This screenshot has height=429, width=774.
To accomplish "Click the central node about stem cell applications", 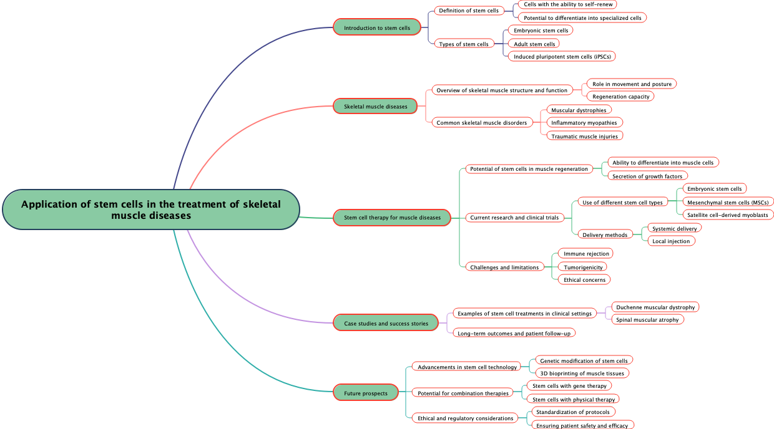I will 151,210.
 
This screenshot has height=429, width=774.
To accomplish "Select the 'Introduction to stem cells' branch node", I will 377,27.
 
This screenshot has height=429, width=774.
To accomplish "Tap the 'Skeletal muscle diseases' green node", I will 375,107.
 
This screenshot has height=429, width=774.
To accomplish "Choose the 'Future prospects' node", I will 366,393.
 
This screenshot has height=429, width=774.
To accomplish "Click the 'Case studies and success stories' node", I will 386,323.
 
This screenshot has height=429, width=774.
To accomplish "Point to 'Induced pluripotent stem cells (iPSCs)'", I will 562,57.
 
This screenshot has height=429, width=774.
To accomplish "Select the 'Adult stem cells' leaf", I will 534,44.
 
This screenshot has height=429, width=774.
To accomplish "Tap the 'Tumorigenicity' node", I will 583,267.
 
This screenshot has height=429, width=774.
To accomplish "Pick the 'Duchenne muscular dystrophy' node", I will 655,307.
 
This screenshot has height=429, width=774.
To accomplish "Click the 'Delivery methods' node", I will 605,234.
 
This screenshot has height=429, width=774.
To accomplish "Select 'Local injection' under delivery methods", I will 671,241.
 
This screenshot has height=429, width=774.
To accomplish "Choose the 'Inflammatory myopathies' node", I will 584,122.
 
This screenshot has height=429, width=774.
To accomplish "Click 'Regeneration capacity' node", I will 620,96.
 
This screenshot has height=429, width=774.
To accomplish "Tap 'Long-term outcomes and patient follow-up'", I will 514,333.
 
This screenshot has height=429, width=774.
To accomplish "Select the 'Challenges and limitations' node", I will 504,267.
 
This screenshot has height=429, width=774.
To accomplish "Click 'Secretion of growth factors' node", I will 647,176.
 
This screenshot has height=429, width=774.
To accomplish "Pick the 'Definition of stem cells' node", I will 469,10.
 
